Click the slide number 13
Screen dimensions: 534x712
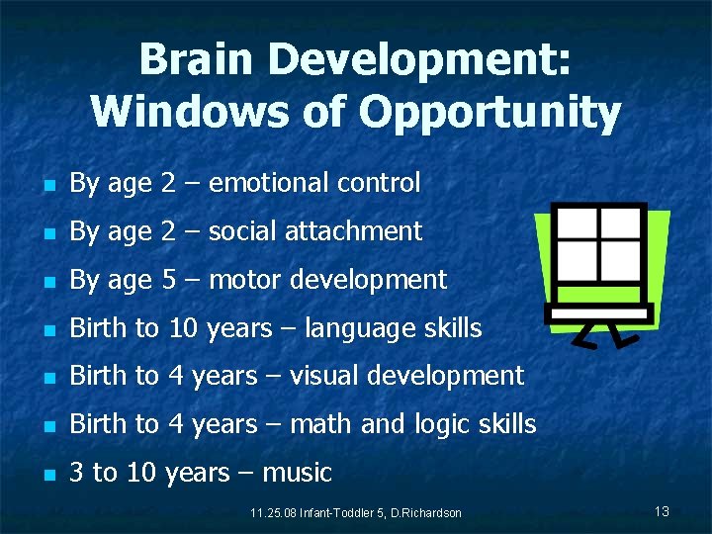point(662,510)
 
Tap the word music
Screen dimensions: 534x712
point(298,473)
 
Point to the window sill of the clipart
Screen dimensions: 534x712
point(599,312)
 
